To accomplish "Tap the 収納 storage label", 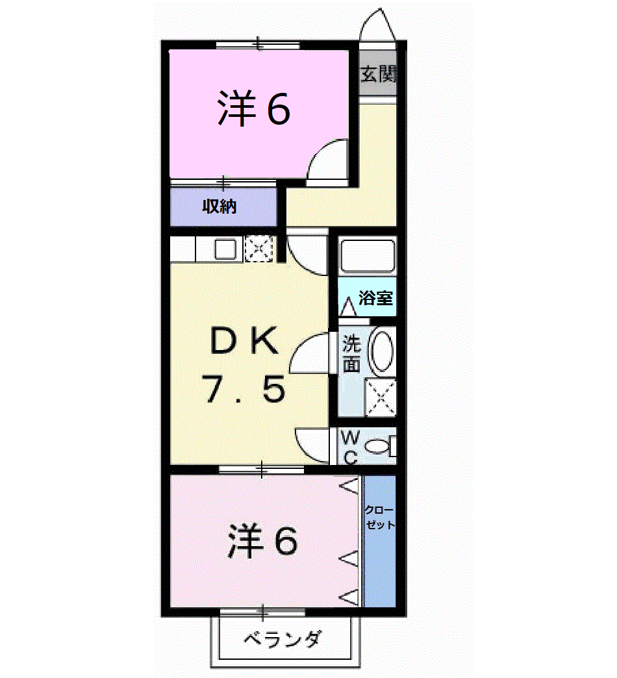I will click(218, 208).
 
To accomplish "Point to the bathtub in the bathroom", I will click(367, 257).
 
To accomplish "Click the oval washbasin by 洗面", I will click(381, 350).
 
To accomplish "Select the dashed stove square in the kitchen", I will click(259, 249).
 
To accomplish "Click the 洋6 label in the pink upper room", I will click(253, 108).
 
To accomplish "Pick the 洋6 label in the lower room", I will click(262, 540).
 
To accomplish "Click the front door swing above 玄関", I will click(377, 27).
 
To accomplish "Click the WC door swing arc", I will click(311, 445).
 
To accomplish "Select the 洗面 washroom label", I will click(351, 353).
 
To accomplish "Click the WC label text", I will click(349, 446).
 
